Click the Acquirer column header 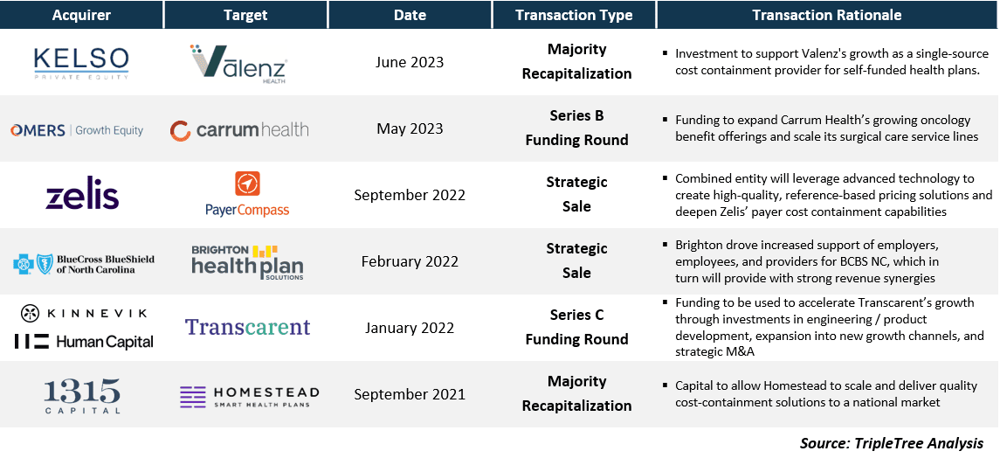(81, 15)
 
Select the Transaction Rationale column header (827, 15)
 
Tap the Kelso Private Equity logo (81, 63)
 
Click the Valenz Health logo (239, 63)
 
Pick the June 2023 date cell (410, 63)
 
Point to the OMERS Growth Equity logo (77, 130)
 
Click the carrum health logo (239, 130)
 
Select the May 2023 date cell (410, 128)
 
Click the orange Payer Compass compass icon (247, 184)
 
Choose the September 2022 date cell (410, 195)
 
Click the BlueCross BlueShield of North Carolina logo (84, 264)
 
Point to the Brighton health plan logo (247, 261)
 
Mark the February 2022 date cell (410, 261)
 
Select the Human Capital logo (84, 342)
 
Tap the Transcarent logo (247, 327)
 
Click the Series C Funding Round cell (576, 327)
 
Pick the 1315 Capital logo (82, 395)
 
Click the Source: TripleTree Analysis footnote (892, 443)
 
